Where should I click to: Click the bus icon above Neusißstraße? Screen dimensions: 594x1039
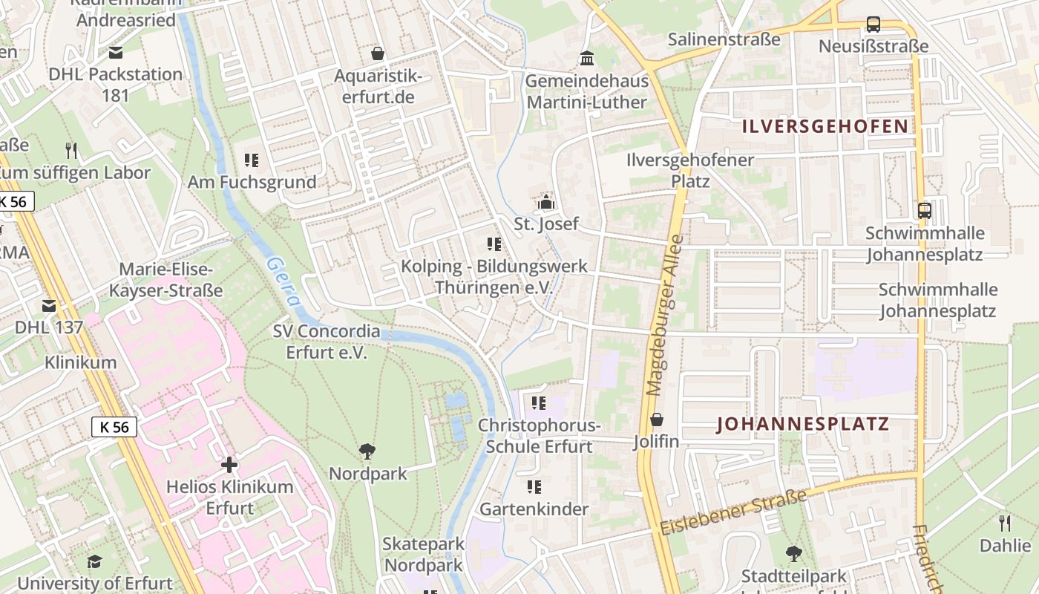click(x=874, y=25)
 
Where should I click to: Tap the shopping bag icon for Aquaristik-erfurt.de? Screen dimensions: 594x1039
click(x=378, y=53)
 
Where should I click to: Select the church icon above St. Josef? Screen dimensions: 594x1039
click(x=546, y=201)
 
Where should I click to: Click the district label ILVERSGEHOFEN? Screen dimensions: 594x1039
click(x=825, y=126)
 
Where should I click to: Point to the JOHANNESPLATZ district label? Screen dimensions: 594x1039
click(x=802, y=425)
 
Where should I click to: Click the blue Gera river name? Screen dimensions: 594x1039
click(x=284, y=282)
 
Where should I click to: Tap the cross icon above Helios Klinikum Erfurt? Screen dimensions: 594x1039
click(x=229, y=466)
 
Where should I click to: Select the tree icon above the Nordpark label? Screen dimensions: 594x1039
click(x=367, y=451)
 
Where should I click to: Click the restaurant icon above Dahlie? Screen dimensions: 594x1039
click(x=1005, y=523)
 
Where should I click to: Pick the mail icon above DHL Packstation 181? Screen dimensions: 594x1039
click(x=115, y=53)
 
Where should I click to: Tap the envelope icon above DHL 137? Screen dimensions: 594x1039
click(x=49, y=305)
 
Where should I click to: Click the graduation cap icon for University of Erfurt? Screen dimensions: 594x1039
click(x=94, y=562)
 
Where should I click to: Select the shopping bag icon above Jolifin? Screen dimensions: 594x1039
click(x=656, y=420)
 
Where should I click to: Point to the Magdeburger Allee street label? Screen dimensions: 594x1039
click(x=664, y=316)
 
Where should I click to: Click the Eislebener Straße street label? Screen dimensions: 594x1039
click(x=732, y=512)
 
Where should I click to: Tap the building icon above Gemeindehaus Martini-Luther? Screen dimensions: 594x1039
click(x=587, y=59)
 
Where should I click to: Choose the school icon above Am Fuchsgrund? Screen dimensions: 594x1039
click(x=251, y=160)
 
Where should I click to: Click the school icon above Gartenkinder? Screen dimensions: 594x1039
click(x=534, y=488)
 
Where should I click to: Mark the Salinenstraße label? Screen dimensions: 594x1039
click(x=724, y=39)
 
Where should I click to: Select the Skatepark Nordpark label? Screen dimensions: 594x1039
click(x=423, y=554)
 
